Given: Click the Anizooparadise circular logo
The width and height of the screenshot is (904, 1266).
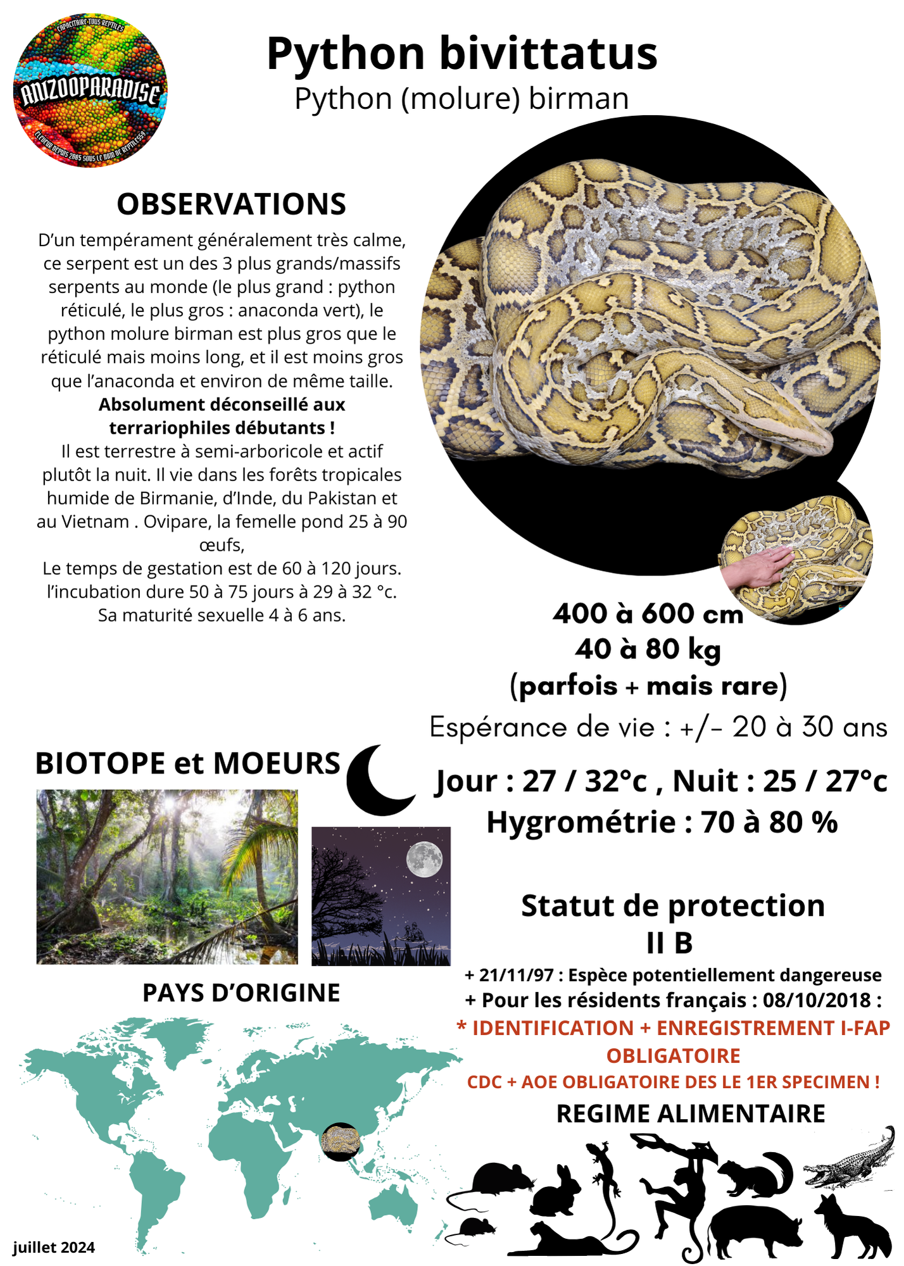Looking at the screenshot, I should (91, 91).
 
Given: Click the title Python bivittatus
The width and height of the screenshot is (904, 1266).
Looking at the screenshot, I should (461, 53).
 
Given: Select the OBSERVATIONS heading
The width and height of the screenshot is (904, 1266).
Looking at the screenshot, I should (231, 204).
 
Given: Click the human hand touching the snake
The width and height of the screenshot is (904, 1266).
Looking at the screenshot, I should (756, 564).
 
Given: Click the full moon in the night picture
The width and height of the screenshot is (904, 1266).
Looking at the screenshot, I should (424, 859).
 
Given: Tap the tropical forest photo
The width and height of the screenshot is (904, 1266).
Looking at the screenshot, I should (166, 877).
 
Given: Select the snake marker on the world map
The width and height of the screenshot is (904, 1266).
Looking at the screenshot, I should (341, 1142).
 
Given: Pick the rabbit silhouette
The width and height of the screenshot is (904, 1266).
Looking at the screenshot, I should (557, 1191).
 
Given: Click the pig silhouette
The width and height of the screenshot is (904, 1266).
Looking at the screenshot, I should (753, 1231).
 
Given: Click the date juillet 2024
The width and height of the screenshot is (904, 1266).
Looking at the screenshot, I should (54, 1247).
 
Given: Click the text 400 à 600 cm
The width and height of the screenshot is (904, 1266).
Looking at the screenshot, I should (647, 614).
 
